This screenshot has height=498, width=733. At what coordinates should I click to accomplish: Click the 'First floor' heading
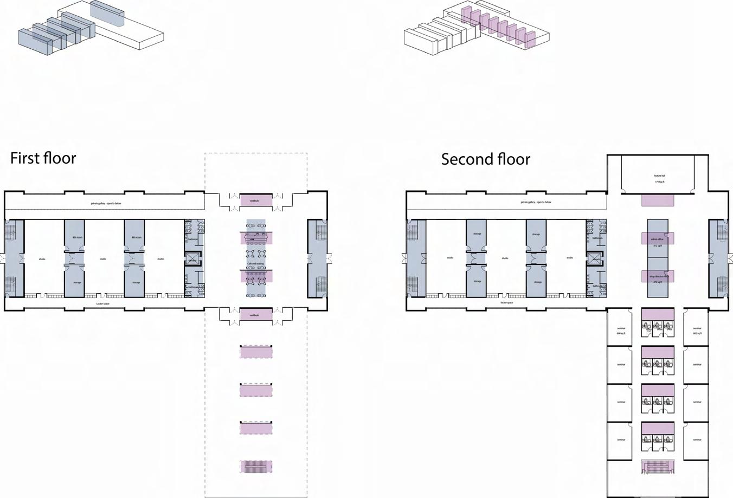coord(43,158)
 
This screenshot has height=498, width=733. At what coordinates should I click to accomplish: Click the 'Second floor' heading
coord(485,159)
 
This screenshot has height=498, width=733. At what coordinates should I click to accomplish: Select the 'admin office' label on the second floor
coord(657,239)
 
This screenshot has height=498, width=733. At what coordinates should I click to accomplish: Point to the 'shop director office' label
coord(658,276)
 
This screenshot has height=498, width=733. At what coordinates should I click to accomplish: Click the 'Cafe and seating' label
coord(255,264)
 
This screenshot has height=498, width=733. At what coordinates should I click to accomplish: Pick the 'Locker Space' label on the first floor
coord(103,304)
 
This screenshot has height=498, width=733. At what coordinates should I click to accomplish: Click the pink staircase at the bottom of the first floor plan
coord(256,467)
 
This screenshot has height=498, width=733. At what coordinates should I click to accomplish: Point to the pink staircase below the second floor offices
coord(658,467)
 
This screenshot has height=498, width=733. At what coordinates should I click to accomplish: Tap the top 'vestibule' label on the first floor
coord(254,201)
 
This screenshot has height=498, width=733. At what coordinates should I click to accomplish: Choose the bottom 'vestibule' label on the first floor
coord(254,315)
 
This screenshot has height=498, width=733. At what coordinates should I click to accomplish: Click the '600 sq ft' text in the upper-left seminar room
coord(621,334)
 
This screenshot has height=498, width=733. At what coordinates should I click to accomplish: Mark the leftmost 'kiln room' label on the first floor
coord(77,238)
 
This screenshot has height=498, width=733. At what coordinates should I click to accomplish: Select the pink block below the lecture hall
coord(658,201)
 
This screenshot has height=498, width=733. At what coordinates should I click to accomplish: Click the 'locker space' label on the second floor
coord(506,303)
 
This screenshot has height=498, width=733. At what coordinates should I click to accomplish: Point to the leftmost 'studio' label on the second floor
coord(450,258)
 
